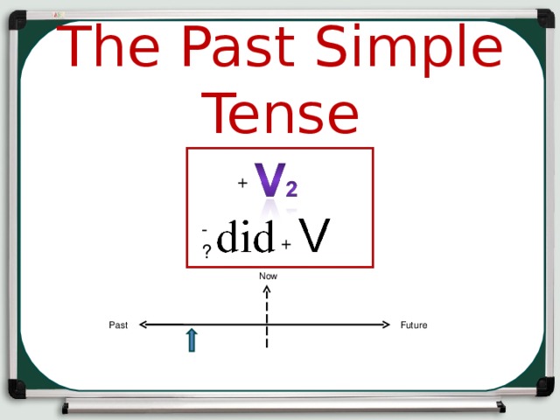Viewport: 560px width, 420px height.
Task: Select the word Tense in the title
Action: (281, 114)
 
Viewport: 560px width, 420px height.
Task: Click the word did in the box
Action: (246, 237)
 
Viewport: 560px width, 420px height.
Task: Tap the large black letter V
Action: (314, 234)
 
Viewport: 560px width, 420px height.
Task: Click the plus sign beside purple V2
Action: (242, 184)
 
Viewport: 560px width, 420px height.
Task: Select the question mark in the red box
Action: (206, 252)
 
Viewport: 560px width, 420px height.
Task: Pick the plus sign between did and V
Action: (286, 244)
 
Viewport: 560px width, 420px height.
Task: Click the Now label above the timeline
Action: (268, 276)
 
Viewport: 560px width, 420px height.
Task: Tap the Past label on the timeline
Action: (118, 325)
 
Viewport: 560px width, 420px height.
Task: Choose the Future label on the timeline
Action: (414, 325)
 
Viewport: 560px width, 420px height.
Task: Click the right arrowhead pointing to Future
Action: (384, 324)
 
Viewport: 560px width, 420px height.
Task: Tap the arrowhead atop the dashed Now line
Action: (267, 289)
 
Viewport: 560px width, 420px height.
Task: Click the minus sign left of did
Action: (204, 230)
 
